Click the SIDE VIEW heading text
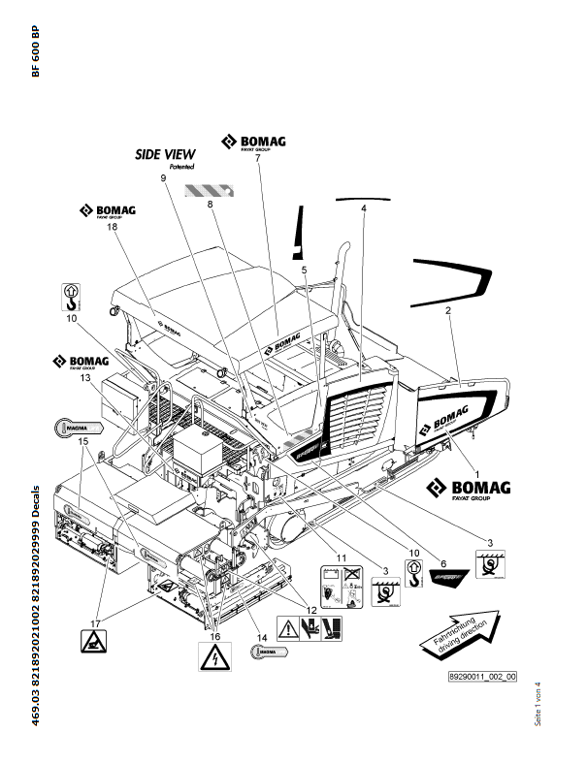tap(165, 154)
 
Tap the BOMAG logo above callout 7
tap(251, 142)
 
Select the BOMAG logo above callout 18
tap(109, 210)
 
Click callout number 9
tap(164, 179)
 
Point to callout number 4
tap(364, 208)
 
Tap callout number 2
tap(448, 311)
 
